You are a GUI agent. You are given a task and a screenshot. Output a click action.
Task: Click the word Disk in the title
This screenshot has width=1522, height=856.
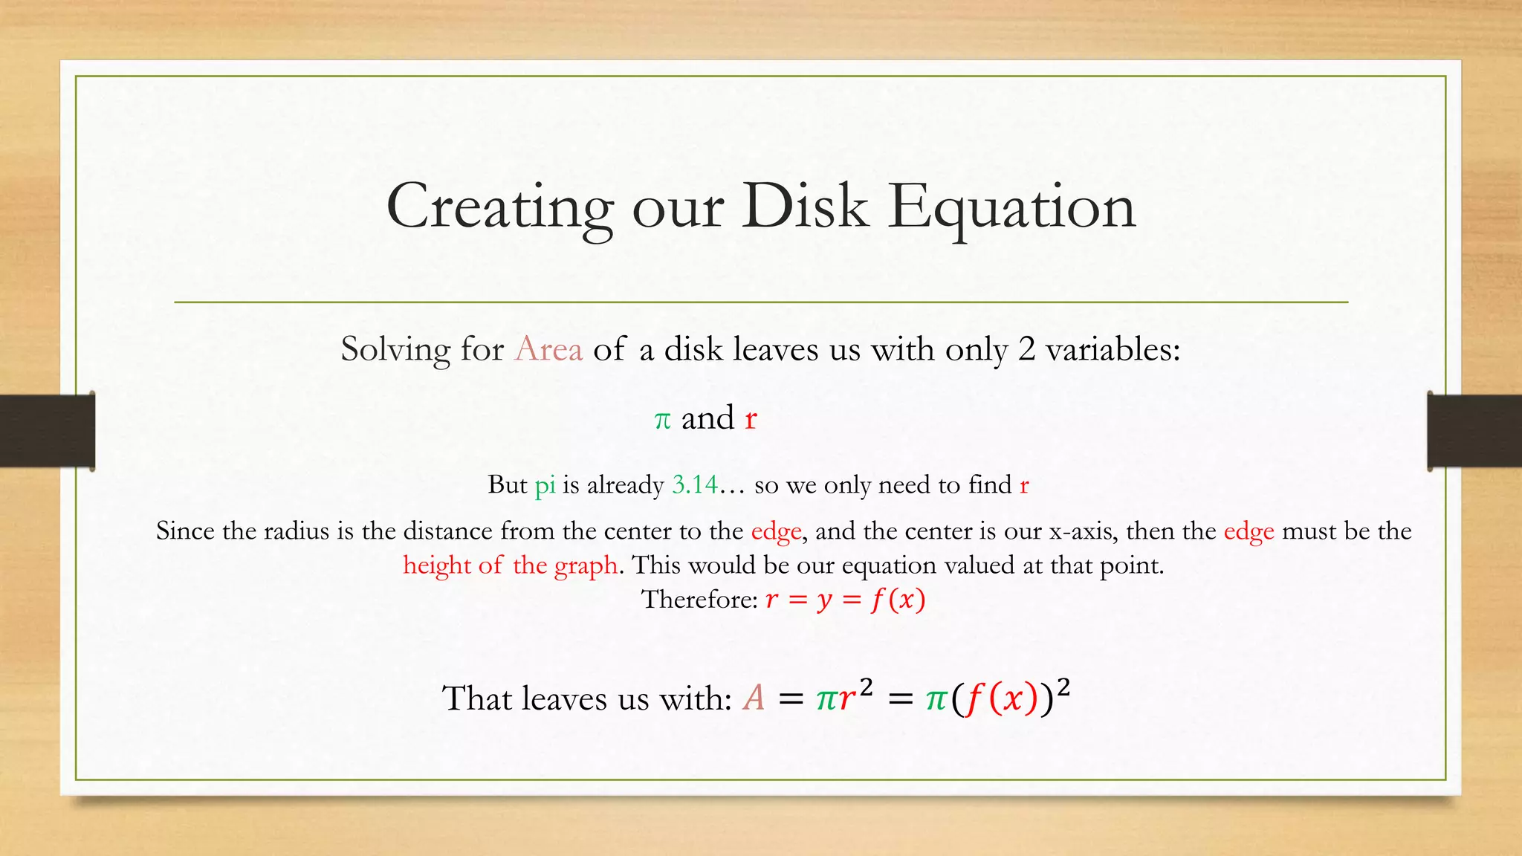805,206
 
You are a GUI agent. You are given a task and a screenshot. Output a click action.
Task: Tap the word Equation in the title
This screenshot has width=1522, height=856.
1011,207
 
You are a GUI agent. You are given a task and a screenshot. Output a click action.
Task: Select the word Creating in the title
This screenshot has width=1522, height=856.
499,207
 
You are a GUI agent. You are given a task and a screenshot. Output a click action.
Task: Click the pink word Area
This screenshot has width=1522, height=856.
548,348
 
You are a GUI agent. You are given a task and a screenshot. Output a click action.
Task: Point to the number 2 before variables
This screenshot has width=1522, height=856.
1026,348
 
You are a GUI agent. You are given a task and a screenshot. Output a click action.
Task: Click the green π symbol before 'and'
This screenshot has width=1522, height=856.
662,420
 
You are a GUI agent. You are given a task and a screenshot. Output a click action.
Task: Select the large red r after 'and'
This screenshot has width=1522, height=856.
751,418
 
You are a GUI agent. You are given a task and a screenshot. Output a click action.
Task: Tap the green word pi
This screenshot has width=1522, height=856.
545,485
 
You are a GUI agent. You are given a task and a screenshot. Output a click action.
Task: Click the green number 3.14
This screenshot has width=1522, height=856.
695,484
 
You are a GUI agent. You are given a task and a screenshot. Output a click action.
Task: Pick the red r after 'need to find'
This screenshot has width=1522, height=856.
1024,485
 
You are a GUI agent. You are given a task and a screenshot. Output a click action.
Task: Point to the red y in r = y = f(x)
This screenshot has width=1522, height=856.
824,600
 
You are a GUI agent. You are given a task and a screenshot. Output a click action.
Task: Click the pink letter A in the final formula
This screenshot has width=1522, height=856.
754,698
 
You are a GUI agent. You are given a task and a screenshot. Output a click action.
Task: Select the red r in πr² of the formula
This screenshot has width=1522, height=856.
846,699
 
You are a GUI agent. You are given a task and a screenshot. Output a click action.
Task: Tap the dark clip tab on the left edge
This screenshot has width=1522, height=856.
47,431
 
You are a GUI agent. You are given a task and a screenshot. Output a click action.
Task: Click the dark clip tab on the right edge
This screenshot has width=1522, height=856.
1474,431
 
